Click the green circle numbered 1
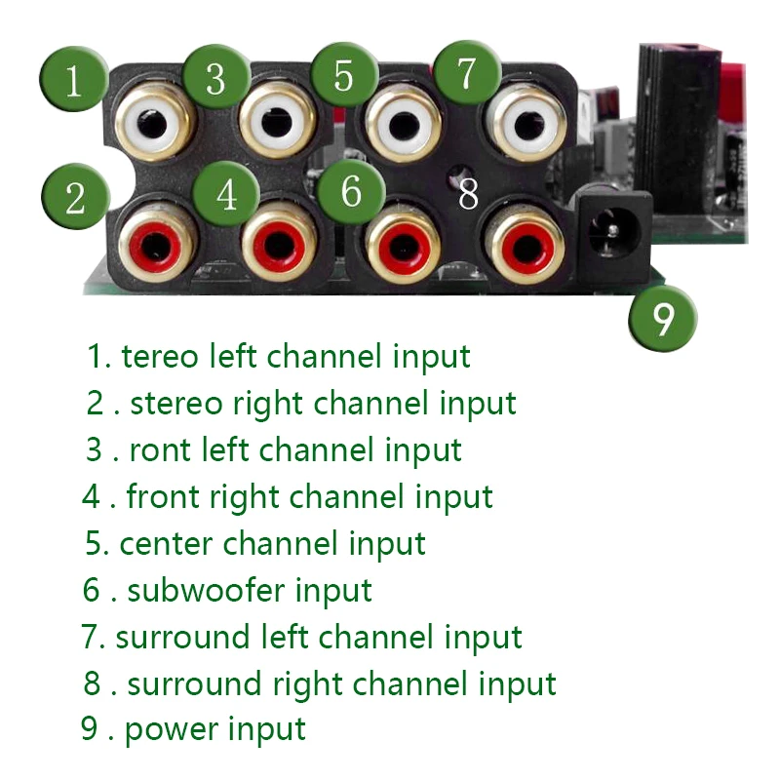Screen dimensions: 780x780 (x=74, y=79)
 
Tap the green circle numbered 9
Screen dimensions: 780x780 (x=663, y=318)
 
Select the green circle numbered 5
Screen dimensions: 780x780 (x=344, y=75)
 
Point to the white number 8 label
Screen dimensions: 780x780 (x=468, y=193)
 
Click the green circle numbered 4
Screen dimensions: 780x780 (x=226, y=193)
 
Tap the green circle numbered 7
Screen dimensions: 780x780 (x=467, y=72)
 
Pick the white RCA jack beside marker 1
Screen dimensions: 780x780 (x=153, y=124)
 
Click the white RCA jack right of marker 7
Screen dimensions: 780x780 (x=527, y=124)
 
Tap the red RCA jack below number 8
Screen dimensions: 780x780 (x=526, y=245)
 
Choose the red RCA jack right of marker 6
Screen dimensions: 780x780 (x=403, y=245)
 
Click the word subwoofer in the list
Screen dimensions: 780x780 (x=207, y=590)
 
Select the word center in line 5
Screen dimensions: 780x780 (x=166, y=544)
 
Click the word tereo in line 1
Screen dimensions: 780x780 (x=159, y=357)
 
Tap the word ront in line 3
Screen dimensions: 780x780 (x=160, y=450)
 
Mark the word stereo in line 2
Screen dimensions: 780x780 (x=175, y=404)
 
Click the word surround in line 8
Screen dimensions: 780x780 (x=194, y=684)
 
